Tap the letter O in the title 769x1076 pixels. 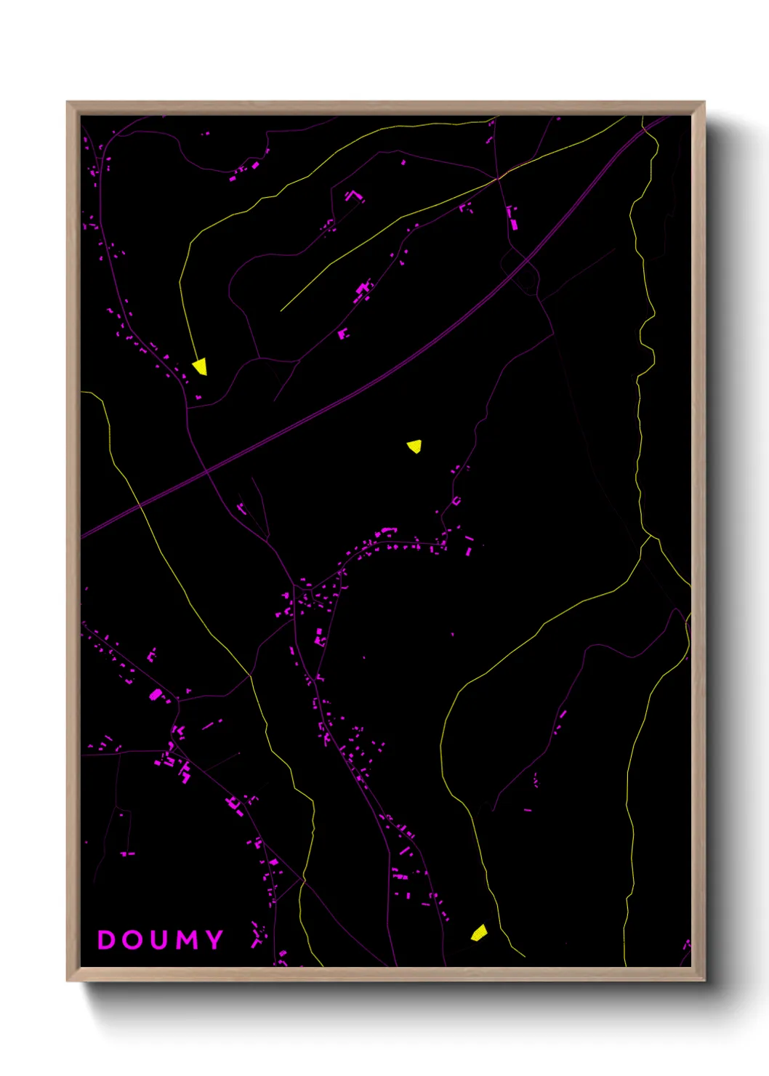pos(134,940)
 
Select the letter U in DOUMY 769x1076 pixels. pos(161,940)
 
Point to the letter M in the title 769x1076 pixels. pos(188,940)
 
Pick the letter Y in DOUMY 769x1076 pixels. pos(214,940)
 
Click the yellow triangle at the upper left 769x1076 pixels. pos(200,366)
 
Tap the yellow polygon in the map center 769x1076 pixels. pos(414,446)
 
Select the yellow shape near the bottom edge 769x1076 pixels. pos(478,933)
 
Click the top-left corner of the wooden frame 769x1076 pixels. pos(68,103)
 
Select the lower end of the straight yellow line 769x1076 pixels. pos(281,310)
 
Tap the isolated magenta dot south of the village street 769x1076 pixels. pos(452,634)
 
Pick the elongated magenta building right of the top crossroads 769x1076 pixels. pos(514,223)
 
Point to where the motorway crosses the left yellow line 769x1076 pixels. pos(140,504)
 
